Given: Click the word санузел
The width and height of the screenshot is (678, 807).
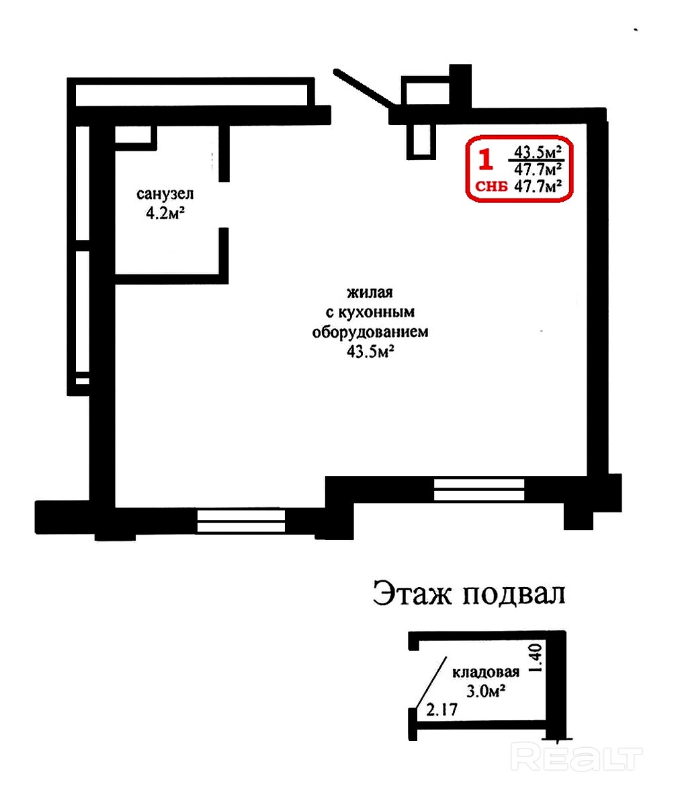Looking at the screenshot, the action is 165,194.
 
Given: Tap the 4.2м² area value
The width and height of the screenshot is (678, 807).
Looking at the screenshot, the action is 165,213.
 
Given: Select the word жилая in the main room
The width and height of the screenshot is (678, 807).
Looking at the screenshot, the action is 370,293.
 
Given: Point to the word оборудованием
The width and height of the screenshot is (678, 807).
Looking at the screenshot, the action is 370,332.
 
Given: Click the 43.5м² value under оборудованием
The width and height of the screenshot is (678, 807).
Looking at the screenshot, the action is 370,352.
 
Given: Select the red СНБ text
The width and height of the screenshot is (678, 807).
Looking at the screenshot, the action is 491,187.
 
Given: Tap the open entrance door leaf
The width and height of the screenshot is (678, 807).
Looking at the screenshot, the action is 364,87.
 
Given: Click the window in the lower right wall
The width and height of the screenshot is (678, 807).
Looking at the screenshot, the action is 479,490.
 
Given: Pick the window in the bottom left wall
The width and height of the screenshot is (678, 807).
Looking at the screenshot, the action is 241,521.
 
